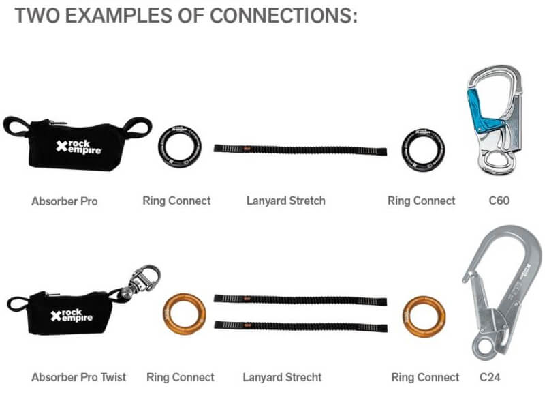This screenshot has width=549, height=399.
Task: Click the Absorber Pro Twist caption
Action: tap(79, 376)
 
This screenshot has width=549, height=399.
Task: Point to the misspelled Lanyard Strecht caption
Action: tap(282, 376)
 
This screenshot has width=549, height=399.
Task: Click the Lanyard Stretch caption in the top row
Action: tap(285, 201)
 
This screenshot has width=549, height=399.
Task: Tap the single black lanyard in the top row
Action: tap(300, 149)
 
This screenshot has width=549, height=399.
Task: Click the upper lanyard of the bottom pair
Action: tap(300, 299)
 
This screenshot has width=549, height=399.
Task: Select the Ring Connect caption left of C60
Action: tap(421, 201)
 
